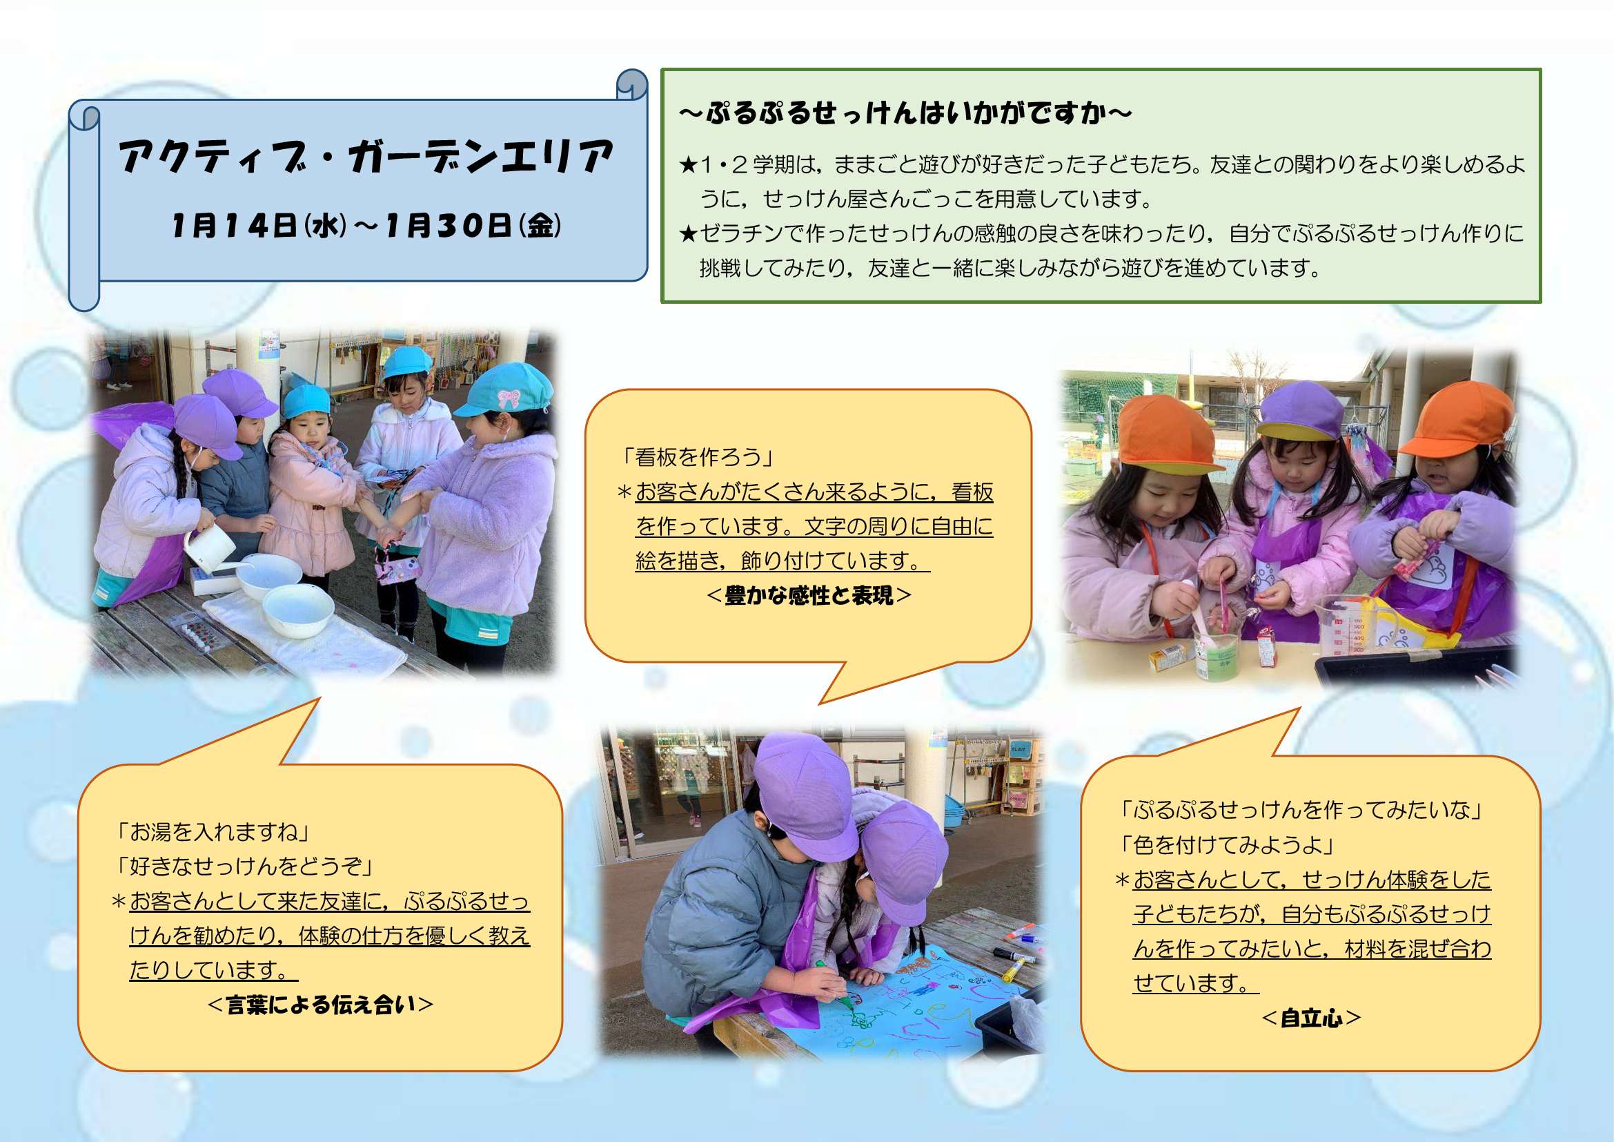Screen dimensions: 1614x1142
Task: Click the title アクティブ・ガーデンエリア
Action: point(366,156)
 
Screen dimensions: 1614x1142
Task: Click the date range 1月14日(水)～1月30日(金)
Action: point(366,226)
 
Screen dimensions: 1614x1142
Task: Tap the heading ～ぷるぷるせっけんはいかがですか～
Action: point(905,113)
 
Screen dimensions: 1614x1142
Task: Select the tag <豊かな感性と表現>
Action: point(809,596)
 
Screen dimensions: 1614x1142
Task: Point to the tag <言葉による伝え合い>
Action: point(321,1004)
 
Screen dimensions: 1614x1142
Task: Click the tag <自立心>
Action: point(1312,1018)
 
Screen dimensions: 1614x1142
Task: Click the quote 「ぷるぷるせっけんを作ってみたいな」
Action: point(1301,810)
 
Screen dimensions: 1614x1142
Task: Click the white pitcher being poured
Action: point(209,545)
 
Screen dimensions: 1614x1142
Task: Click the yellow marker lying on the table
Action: point(1012,970)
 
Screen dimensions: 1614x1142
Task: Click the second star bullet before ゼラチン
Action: point(687,234)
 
